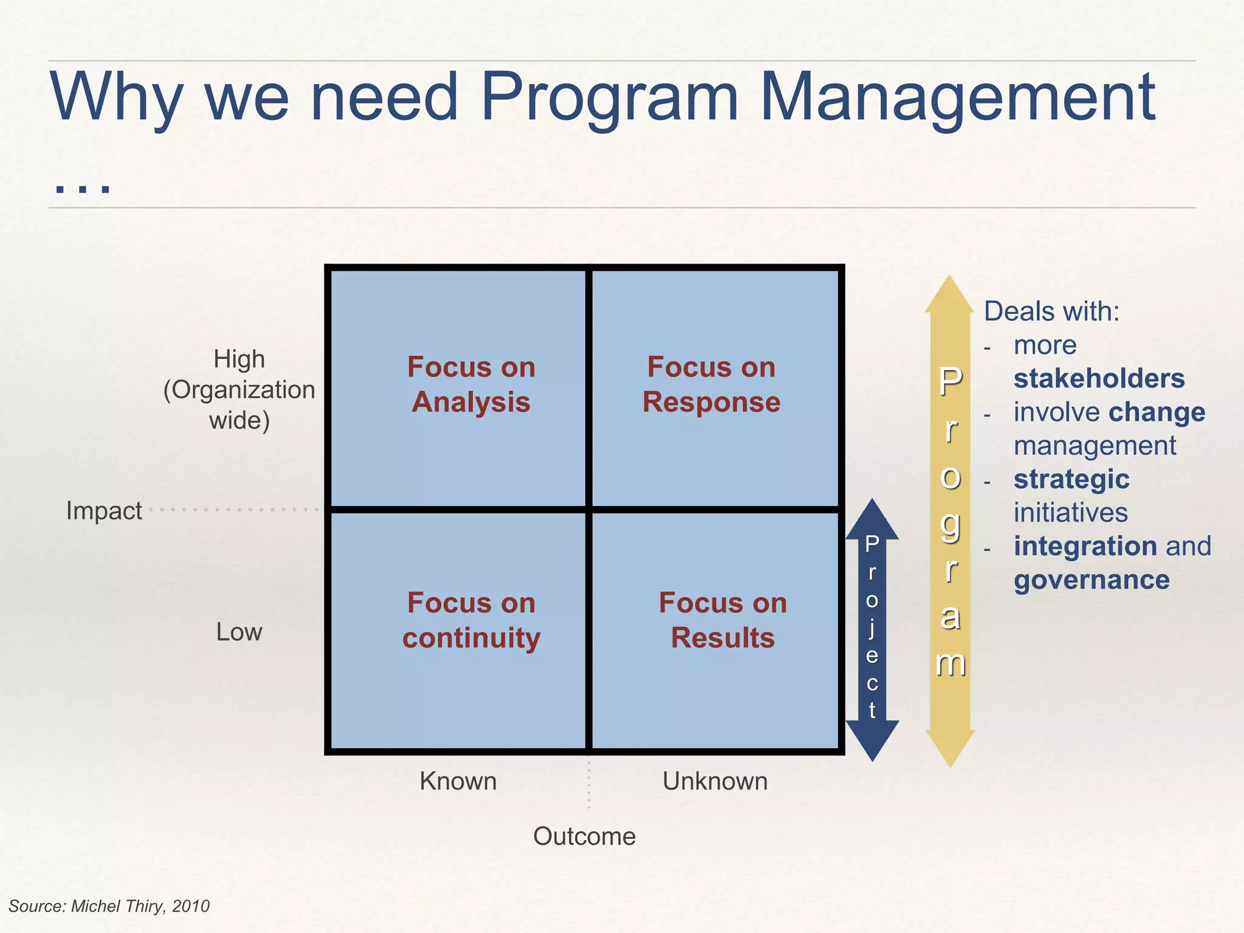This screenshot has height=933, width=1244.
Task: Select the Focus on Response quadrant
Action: [x=714, y=388]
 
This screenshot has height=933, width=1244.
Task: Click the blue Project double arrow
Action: [x=872, y=629]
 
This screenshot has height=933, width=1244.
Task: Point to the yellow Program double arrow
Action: [x=950, y=521]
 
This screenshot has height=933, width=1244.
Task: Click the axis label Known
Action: [x=458, y=781]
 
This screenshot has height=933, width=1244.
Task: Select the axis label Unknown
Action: [x=715, y=781]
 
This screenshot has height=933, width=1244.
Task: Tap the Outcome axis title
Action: [x=584, y=836]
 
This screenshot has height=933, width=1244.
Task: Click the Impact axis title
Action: [x=104, y=511]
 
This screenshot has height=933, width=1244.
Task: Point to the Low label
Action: [x=239, y=632]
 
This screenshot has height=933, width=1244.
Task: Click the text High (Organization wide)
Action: [x=239, y=389]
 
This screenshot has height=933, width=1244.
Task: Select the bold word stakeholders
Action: [x=1099, y=378]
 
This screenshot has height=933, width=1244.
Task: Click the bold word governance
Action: [x=1092, y=580]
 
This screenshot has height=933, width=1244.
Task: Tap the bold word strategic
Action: [x=1071, y=479]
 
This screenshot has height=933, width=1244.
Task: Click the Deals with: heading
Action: [x=1051, y=312]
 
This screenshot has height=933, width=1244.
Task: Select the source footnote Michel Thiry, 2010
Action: [x=109, y=906]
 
